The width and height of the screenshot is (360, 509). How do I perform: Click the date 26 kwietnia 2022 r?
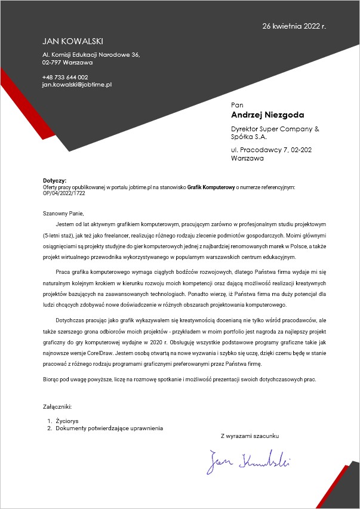coord(294,26)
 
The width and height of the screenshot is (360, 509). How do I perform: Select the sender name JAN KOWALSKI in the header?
coord(73,41)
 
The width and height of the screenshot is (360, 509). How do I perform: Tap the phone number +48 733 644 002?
coord(65,77)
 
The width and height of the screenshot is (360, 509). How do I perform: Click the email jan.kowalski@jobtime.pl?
coord(77,85)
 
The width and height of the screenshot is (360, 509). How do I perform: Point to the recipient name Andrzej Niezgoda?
coord(267,115)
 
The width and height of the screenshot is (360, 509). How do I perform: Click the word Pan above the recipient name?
coord(238,104)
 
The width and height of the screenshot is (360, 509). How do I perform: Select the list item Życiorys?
coord(67,421)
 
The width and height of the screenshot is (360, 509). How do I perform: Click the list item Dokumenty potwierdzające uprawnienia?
coord(109,428)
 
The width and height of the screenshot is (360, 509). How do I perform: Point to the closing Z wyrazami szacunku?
coord(250,436)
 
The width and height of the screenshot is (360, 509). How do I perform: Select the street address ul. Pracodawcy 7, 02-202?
coord(271,150)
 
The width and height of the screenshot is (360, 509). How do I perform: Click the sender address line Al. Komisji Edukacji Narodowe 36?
coord(91,55)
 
